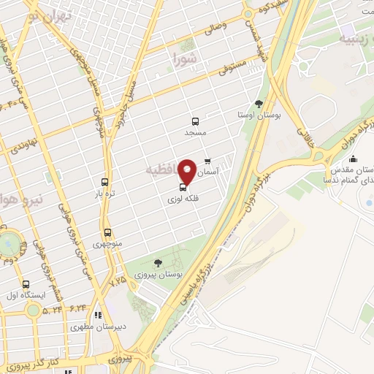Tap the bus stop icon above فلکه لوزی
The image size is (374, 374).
click(x=183, y=187)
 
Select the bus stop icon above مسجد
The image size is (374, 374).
click(x=195, y=122)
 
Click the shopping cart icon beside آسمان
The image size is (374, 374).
click(x=207, y=160)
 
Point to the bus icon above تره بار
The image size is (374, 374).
click(x=104, y=182)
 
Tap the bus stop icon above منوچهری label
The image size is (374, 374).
click(x=107, y=232)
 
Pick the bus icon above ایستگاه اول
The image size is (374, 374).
click(x=27, y=284)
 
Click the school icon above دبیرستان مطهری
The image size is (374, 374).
click(x=99, y=315)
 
